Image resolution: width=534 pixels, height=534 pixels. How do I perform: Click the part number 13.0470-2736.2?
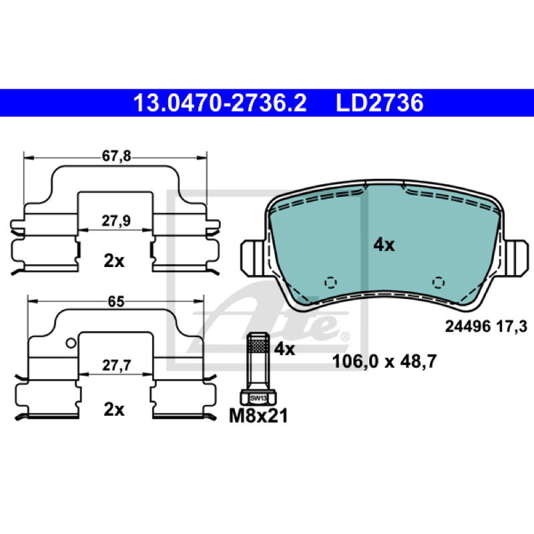point(220,103)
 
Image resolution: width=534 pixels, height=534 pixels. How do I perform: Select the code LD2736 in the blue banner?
point(380,103)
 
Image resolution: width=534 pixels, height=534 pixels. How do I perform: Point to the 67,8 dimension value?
point(116,156)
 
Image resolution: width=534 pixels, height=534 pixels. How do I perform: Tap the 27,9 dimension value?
point(116,221)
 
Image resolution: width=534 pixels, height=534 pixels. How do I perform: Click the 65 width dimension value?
point(116,302)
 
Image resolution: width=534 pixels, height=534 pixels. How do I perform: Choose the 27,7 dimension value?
point(116,365)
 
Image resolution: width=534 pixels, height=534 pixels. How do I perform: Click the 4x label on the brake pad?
point(384,245)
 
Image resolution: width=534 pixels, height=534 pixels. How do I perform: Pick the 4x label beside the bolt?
point(284,348)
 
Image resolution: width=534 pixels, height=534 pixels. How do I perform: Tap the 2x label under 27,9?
point(114,261)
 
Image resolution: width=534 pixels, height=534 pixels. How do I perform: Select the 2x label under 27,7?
point(114,409)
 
